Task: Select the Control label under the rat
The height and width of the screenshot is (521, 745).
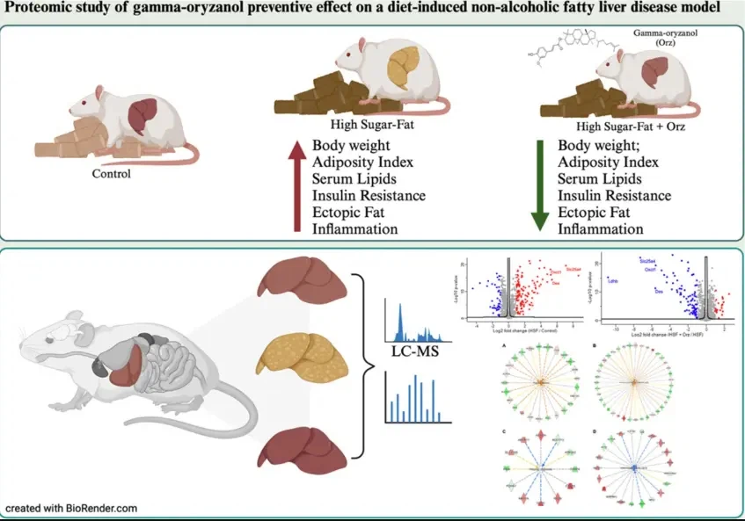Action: click(x=111, y=173)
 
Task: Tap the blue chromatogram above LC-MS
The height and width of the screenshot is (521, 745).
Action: click(x=413, y=322)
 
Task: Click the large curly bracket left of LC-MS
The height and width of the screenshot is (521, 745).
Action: click(x=359, y=362)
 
